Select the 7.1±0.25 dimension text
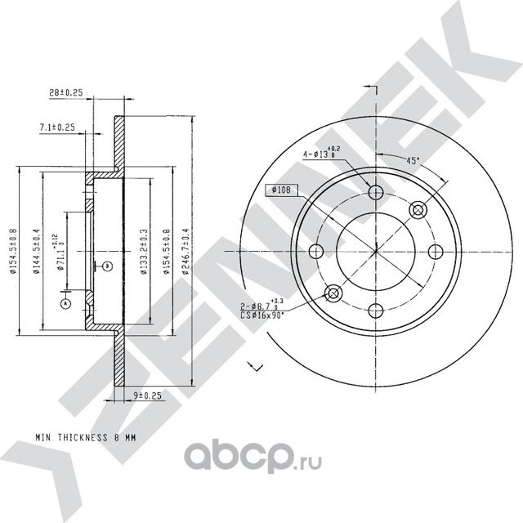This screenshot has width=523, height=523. point(57,127)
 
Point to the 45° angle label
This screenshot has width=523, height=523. point(413,160)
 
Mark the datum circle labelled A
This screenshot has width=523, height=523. point(65,303)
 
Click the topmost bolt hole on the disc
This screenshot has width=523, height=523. point(376,193)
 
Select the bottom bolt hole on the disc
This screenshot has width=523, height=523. point(376,310)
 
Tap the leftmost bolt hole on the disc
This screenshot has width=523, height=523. point(317,252)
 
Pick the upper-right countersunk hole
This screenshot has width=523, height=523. point(418,210)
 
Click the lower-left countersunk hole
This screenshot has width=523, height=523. point(333,293)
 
